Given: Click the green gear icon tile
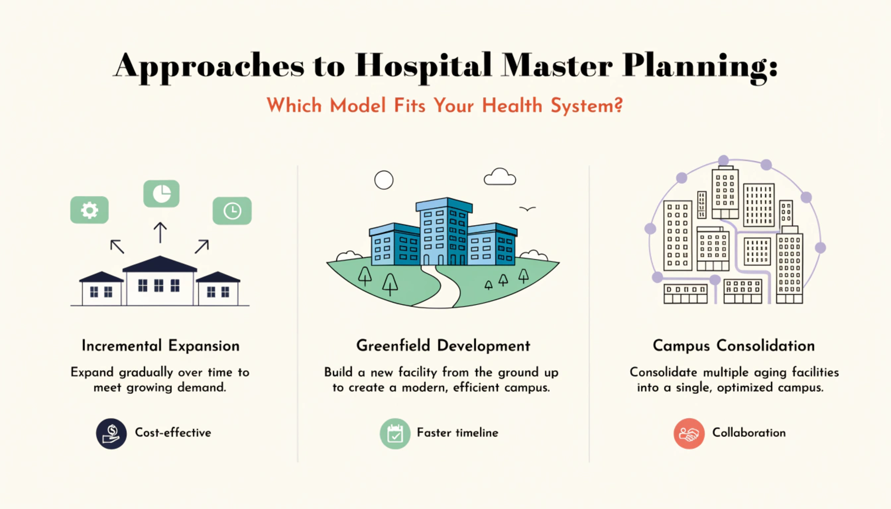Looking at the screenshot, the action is (89, 210).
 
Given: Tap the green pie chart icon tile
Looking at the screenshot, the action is (161, 194).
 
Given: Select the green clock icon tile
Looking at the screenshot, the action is (232, 211).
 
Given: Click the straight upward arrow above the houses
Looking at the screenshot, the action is (160, 232).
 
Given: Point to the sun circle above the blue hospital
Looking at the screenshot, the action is (384, 180).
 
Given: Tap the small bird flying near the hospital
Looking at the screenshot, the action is (528, 209).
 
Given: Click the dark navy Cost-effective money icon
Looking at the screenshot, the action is (111, 433).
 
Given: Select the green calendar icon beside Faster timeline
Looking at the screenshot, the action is (395, 433).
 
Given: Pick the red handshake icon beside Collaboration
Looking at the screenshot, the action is (689, 433).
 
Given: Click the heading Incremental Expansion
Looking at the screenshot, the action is (161, 346).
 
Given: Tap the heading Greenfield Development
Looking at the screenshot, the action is (444, 346).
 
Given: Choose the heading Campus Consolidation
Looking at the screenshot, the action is (734, 346).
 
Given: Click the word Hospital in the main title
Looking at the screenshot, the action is (424, 66).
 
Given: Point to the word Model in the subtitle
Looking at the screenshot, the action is (357, 105).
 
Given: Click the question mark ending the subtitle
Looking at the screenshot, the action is (618, 105).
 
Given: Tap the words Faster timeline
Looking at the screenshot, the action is (457, 433).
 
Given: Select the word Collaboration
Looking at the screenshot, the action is (749, 433).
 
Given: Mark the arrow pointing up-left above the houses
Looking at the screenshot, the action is (117, 247).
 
